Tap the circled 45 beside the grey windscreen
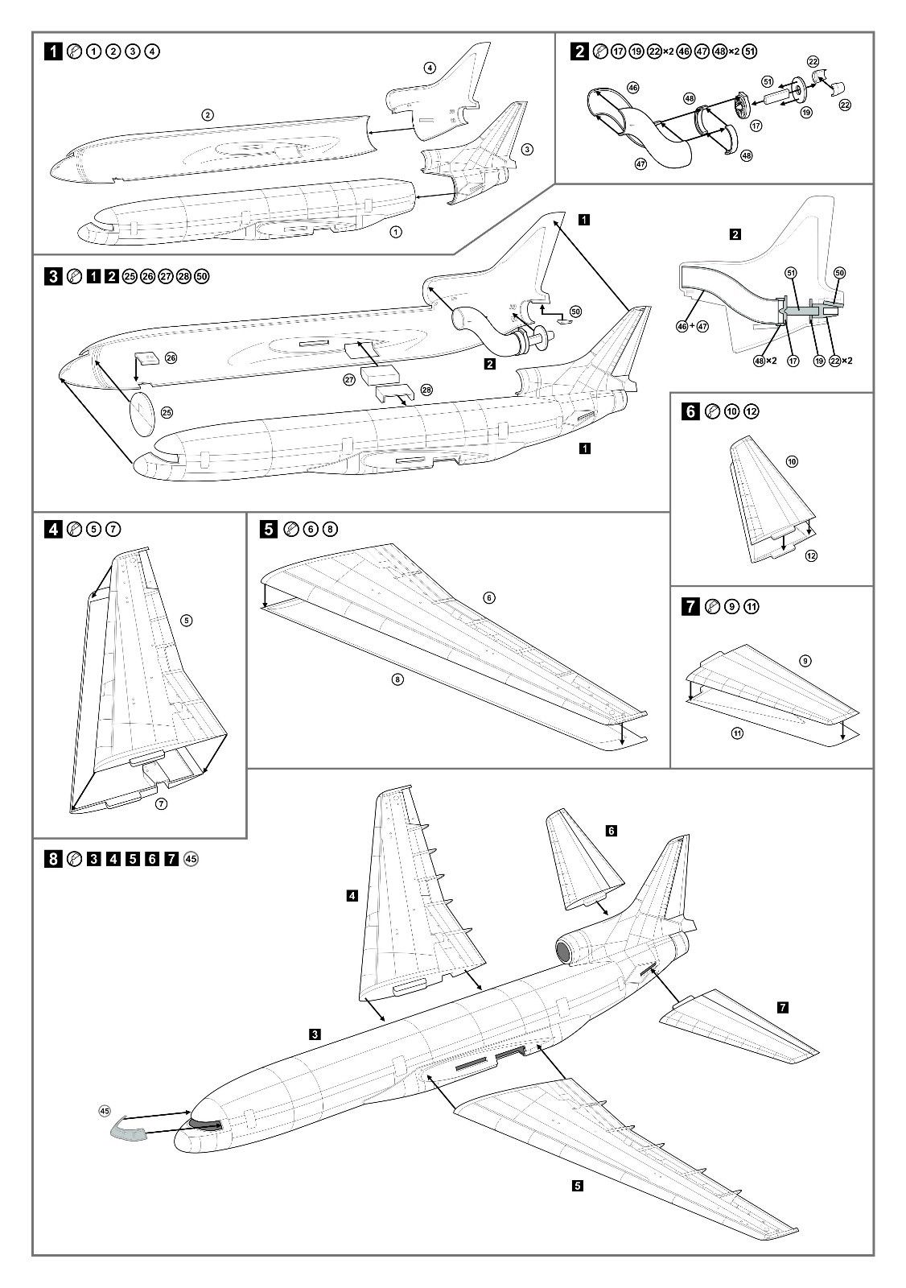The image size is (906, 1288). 104,1111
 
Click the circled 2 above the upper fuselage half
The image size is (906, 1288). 208,115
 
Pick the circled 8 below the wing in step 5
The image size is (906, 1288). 397,679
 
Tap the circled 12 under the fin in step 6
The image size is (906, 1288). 811,555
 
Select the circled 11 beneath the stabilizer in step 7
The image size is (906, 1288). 737,733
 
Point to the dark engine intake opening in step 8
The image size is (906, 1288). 563,954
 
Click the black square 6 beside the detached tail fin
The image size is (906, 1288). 612,830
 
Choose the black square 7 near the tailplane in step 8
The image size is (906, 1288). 783,1007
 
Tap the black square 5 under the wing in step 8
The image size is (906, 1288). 579,1186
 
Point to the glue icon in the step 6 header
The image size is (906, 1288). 711,411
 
